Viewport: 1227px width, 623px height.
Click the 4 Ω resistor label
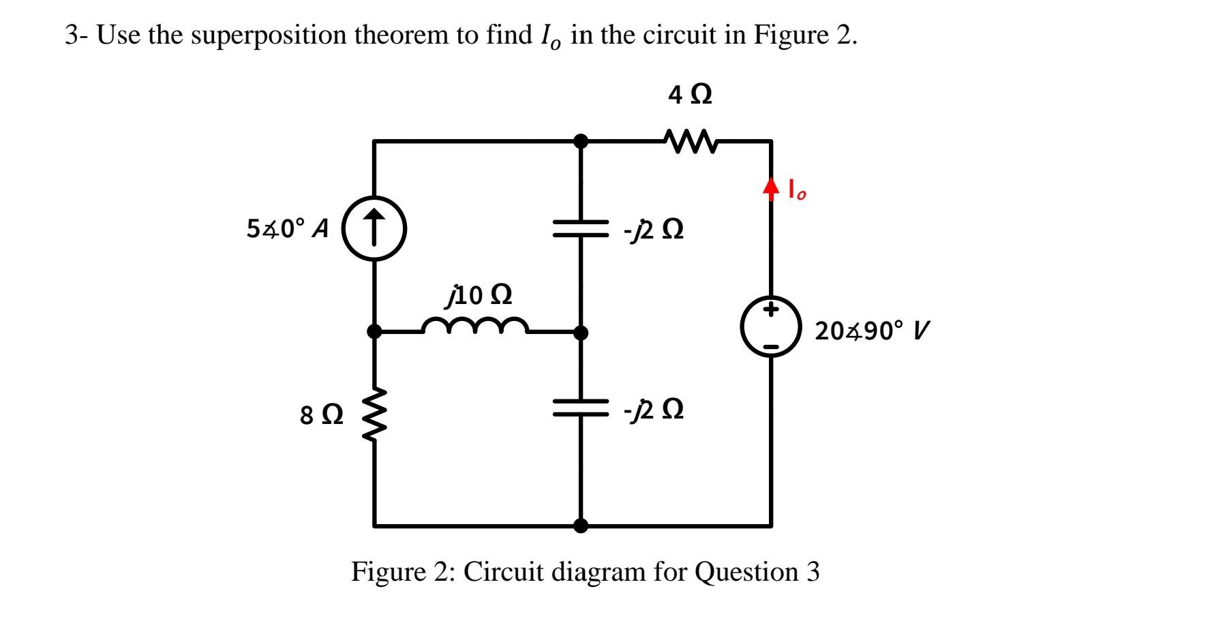point(690,95)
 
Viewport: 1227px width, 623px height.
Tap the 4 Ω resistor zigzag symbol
point(690,142)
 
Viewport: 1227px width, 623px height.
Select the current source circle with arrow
point(374,228)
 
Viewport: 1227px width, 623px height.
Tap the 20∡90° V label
point(871,331)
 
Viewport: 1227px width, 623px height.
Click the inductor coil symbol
point(475,326)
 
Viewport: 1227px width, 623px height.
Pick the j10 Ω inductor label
point(479,295)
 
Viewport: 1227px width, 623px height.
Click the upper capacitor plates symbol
point(581,229)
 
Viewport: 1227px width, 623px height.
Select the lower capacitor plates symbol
point(581,408)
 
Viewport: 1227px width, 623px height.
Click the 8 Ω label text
point(322,415)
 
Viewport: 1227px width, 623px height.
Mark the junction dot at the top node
point(581,141)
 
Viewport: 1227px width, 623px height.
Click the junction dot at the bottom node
point(581,526)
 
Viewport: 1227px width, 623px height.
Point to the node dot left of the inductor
point(374,332)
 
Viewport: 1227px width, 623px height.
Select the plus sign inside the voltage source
point(771,310)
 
